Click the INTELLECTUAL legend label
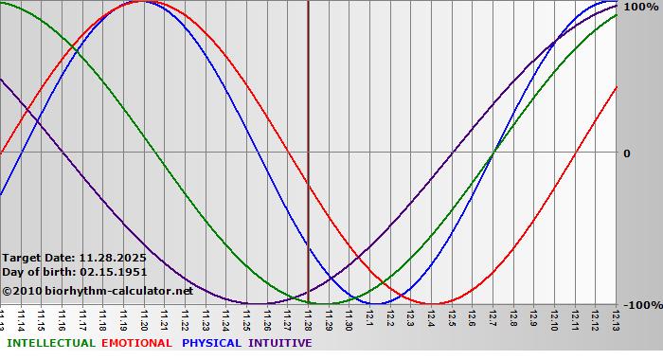(x=50, y=343)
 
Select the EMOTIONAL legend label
(x=136, y=343)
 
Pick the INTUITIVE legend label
(x=280, y=343)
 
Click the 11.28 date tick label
(x=308, y=320)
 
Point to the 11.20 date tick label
(x=144, y=320)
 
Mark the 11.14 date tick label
(x=21, y=320)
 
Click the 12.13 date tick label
(x=616, y=320)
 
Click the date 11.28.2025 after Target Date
(x=113, y=257)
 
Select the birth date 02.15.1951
(x=113, y=272)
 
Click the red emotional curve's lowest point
(x=432, y=304)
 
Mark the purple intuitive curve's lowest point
(x=257, y=304)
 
